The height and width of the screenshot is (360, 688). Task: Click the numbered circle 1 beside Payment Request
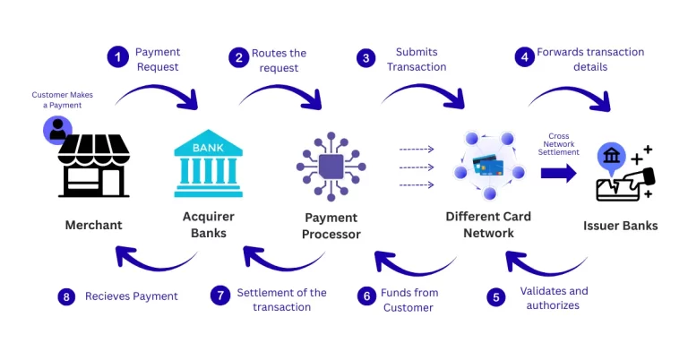pos(117,58)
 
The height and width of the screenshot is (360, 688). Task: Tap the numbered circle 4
pos(523,58)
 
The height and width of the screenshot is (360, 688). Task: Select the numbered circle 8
pos(66,296)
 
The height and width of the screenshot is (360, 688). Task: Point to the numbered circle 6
pos(365,296)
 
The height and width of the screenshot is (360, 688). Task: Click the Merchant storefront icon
pos(93,167)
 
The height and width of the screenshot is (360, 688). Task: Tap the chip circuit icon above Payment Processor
pos(331,167)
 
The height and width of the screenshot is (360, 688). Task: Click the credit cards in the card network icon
pos(488,166)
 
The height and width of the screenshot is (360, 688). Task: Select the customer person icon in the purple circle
pos(57,130)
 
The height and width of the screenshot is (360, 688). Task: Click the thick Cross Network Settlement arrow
pos(558,173)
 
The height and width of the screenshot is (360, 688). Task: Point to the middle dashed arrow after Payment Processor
pos(417,167)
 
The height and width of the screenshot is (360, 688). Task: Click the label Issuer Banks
pos(621,226)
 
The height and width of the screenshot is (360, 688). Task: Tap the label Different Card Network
pos(488,225)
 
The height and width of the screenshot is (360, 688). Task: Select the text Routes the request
pos(279,60)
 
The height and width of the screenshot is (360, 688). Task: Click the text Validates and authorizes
pos(554,298)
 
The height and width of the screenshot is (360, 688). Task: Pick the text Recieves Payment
pos(132,296)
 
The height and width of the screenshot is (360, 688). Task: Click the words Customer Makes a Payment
pos(62,100)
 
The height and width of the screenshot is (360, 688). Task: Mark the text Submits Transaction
pos(415,60)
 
